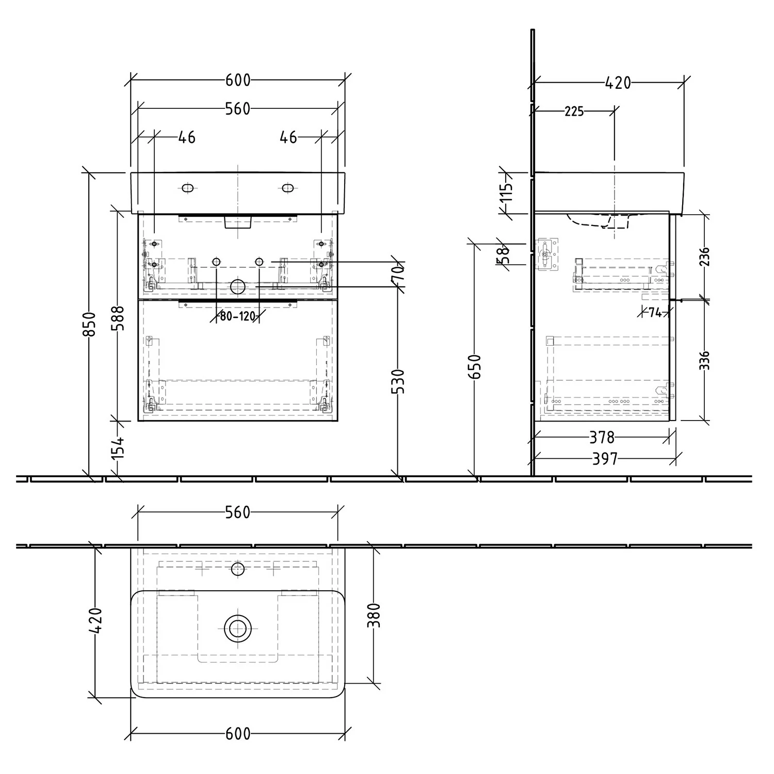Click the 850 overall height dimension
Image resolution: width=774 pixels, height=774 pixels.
coord(90,324)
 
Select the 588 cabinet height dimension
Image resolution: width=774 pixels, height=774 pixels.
coord(118,319)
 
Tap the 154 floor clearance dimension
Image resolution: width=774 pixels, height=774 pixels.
coord(118,447)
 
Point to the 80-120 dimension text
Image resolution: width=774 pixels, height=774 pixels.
coord(238,316)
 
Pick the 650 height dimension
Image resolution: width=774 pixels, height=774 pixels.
coord(475,366)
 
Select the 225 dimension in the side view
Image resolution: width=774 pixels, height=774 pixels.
coord(574,111)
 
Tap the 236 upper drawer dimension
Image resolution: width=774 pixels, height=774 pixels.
coord(704,257)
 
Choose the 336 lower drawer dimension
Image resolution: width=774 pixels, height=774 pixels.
coord(704,360)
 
